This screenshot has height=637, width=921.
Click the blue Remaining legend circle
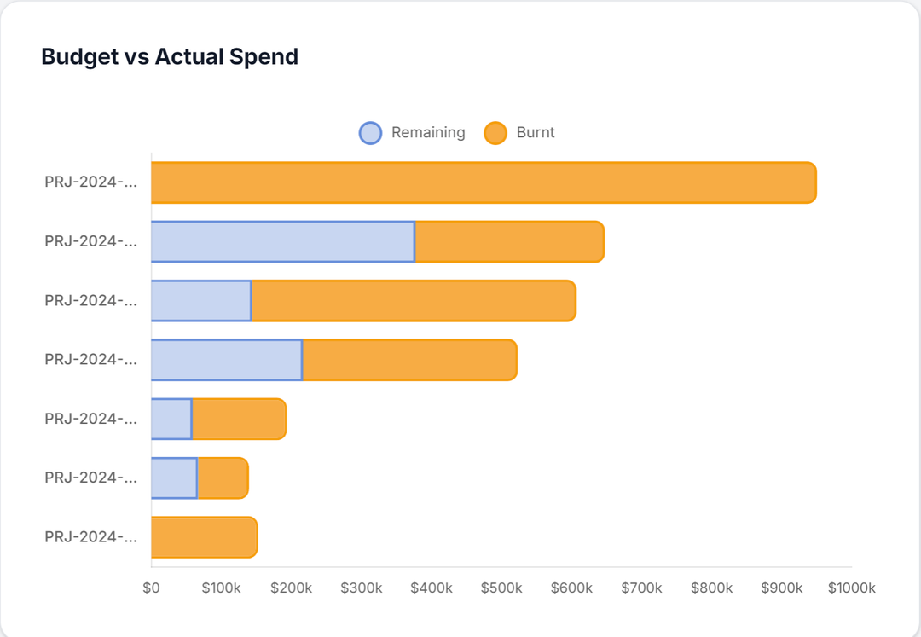point(370,133)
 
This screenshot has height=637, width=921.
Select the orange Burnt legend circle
point(495,133)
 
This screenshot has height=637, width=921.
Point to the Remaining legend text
point(428,133)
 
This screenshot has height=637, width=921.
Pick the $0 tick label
point(152,588)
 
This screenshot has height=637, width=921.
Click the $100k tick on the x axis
point(222,588)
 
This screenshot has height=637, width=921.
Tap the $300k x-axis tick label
point(362,588)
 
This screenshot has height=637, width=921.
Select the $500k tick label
point(501,588)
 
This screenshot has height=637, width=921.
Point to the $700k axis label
point(641,588)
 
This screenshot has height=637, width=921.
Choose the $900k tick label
point(782,588)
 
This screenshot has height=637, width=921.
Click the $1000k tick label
point(852,588)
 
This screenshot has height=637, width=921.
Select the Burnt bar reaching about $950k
point(484,182)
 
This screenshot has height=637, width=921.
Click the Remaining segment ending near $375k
point(282,241)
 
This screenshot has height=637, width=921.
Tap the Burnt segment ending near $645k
point(509,241)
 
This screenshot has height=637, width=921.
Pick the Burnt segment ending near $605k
point(414,301)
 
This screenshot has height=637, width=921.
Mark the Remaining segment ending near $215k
point(226,360)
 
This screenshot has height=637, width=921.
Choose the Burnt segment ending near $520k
point(409,360)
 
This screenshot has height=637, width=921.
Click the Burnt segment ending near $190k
point(239,419)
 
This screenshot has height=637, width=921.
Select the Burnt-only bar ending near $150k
point(204,537)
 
